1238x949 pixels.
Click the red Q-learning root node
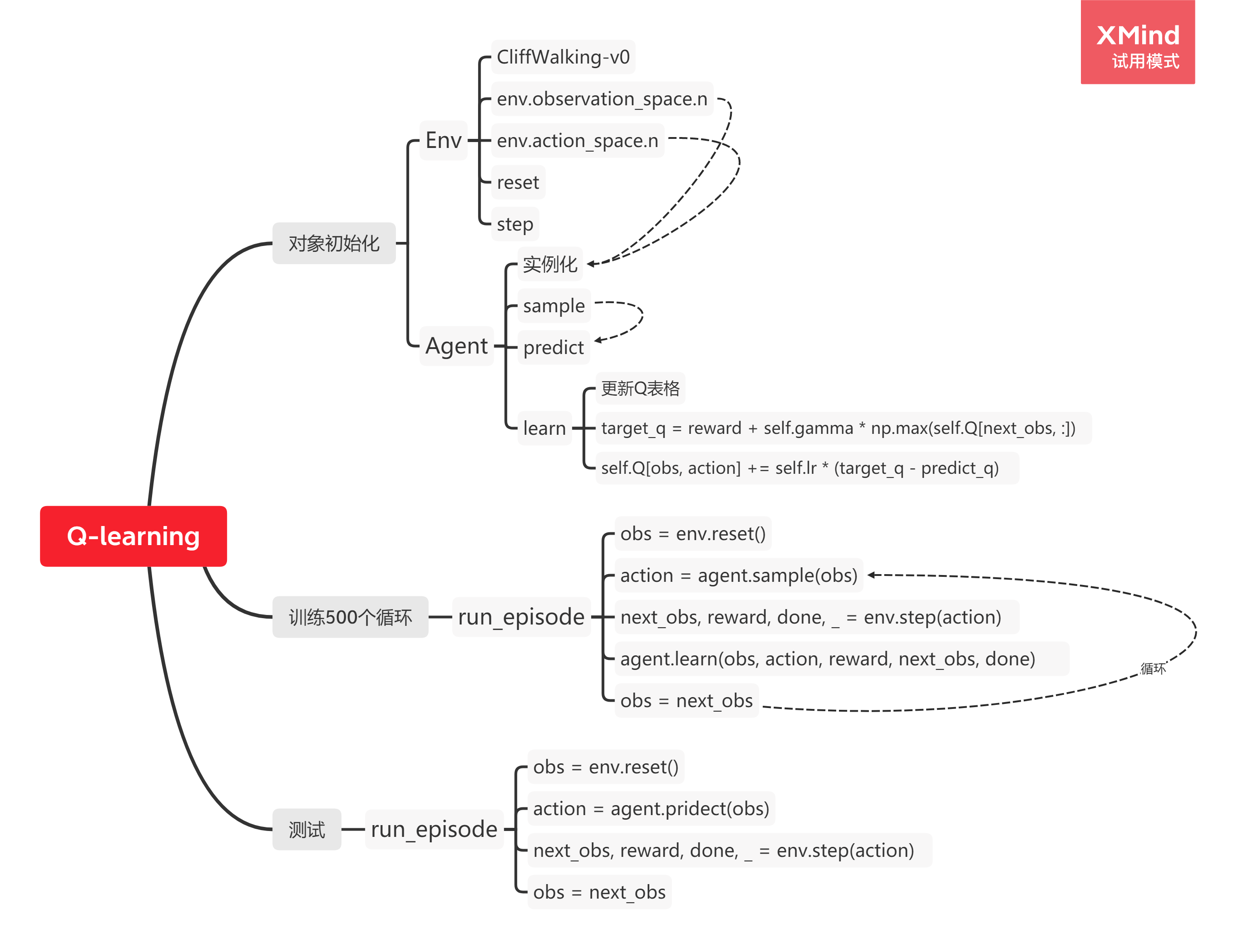click(133, 536)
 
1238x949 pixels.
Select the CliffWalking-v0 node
click(563, 57)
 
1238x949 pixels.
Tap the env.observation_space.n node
click(602, 99)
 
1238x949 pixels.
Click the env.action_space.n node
click(577, 141)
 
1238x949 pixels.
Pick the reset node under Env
click(518, 182)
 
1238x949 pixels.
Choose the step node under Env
click(515, 224)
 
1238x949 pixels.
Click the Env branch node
click(443, 140)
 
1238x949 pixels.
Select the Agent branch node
click(456, 346)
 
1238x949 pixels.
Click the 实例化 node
click(549, 264)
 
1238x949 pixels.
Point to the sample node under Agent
click(554, 305)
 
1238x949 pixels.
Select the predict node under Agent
click(553, 347)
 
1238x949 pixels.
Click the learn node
click(544, 428)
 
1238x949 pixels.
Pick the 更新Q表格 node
click(640, 388)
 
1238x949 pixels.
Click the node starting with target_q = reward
click(838, 428)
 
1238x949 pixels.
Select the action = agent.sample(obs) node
click(739, 575)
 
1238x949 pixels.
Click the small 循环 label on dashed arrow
click(1153, 669)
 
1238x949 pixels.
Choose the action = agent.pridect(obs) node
click(651, 809)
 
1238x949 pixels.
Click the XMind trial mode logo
click(1137, 42)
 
